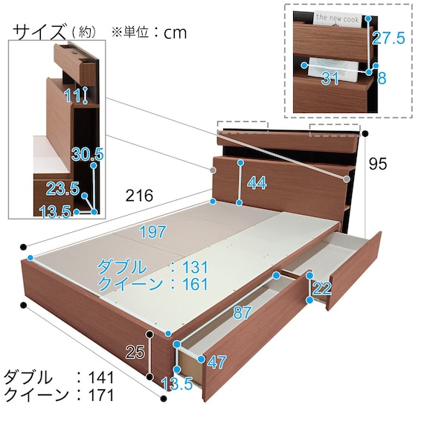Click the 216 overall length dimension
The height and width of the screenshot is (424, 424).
tap(139, 195)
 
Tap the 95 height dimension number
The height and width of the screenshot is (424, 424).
tap(378, 164)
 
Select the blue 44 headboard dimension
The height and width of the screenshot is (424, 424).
tap(257, 183)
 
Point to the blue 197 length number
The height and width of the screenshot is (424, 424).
tap(152, 232)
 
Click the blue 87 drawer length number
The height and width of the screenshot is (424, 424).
tap(242, 313)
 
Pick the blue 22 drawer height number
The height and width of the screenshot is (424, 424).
tap(321, 289)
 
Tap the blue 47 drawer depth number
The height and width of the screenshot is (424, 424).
tap(216, 362)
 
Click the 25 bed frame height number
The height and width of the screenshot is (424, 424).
tap(135, 353)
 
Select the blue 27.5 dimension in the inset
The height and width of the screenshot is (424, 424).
tap(389, 38)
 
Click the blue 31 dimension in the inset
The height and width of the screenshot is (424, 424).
tap(330, 78)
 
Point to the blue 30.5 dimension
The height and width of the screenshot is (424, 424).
tap(88, 155)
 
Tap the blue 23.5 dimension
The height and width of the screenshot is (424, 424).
tap(62, 188)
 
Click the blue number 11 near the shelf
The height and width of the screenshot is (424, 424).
tap(72, 95)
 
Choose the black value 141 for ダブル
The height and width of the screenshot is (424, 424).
tap(100, 377)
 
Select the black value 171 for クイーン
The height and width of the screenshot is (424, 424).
tap(100, 395)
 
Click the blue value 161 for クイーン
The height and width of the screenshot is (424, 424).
tap(195, 284)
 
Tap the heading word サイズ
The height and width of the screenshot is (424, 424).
tap(39, 32)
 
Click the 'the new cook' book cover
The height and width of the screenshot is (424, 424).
tap(338, 19)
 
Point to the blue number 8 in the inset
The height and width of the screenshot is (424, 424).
tap(382, 78)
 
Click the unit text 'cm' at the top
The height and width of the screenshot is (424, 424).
tap(175, 33)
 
